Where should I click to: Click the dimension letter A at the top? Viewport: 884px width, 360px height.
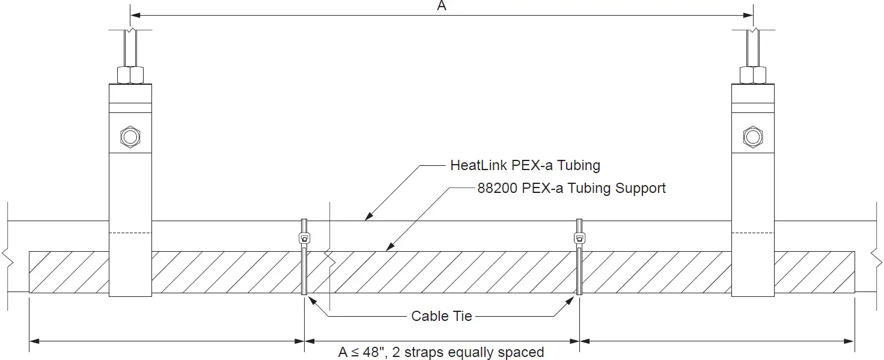click(442, 6)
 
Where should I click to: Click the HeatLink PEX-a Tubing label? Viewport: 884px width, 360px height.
click(525, 165)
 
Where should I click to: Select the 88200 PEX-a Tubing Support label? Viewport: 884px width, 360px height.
click(571, 188)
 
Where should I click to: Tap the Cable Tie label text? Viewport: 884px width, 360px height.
click(442, 316)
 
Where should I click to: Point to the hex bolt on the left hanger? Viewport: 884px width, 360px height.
click(130, 136)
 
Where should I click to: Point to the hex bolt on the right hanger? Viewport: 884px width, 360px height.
click(752, 136)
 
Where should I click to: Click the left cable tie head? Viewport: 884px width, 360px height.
click(304, 238)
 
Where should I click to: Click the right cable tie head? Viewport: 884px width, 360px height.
click(579, 238)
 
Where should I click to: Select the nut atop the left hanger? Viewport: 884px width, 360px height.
click(130, 75)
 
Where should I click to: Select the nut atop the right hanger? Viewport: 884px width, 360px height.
click(752, 75)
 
